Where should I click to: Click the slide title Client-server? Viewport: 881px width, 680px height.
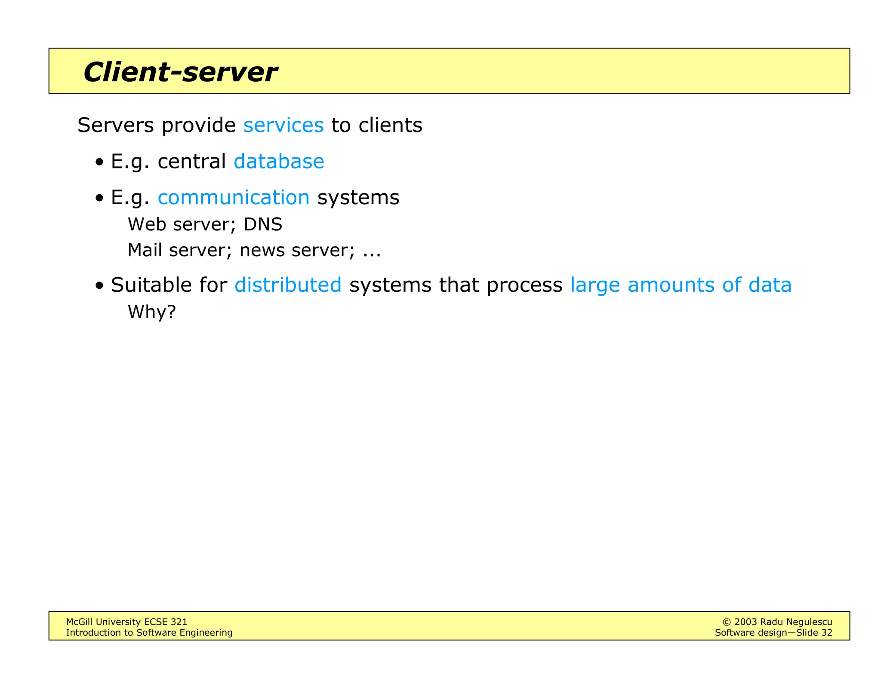[x=180, y=72]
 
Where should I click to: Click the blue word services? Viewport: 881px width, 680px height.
[x=283, y=125]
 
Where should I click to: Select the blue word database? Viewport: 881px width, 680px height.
[x=279, y=162]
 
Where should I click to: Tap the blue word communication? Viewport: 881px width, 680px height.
[x=234, y=198]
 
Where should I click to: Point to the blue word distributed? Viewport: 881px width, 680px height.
[x=288, y=285]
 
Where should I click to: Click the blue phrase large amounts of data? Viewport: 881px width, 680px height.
[x=681, y=285]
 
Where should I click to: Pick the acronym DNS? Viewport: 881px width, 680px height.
[x=263, y=224]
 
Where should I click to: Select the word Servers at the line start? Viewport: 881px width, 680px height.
[x=115, y=125]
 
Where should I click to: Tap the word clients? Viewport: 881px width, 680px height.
[x=390, y=125]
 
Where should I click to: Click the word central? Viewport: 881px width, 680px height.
[x=191, y=162]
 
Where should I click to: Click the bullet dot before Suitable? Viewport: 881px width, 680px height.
[x=100, y=286]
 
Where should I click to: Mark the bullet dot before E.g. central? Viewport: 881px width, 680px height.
[x=100, y=162]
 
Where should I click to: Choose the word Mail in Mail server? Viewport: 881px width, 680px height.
[x=145, y=250]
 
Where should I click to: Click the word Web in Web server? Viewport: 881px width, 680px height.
[x=147, y=224]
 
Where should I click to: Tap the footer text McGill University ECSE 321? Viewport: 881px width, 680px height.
[x=126, y=622]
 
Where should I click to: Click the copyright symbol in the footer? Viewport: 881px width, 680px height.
[x=727, y=622]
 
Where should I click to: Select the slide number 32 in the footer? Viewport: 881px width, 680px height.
[x=826, y=632]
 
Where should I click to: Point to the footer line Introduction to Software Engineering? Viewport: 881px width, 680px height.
[x=149, y=632]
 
